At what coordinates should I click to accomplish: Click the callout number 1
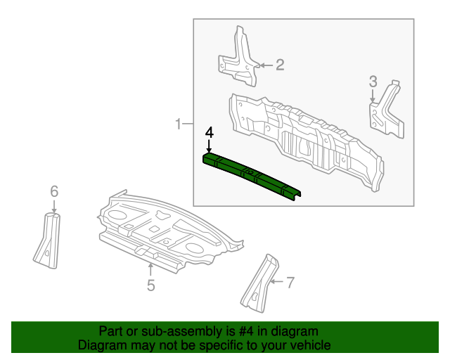pyautogui.click(x=179, y=124)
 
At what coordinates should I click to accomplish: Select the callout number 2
pyautogui.click(x=279, y=65)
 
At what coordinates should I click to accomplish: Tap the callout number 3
pyautogui.click(x=373, y=82)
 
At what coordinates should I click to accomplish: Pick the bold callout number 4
pyautogui.click(x=209, y=132)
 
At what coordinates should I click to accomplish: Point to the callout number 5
pyautogui.click(x=150, y=285)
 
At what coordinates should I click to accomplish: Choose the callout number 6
pyautogui.click(x=54, y=191)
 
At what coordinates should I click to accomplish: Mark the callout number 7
pyautogui.click(x=290, y=283)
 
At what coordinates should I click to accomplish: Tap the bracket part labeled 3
pyautogui.click(x=386, y=110)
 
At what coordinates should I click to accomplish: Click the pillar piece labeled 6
pyautogui.click(x=47, y=240)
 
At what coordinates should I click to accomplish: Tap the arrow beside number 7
pyautogui.click(x=276, y=283)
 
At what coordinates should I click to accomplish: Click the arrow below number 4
pyautogui.click(x=209, y=146)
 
